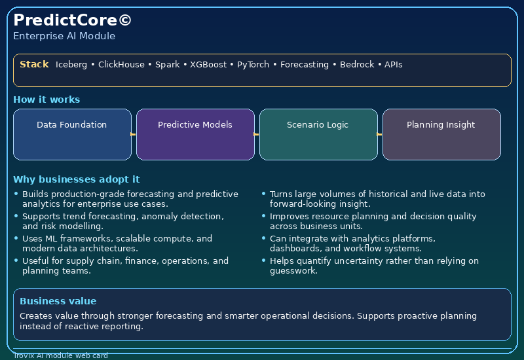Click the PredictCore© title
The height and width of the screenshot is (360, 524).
click(72, 20)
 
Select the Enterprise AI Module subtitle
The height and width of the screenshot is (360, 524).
click(64, 36)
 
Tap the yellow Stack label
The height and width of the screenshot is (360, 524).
click(34, 64)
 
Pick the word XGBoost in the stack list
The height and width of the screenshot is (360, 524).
click(208, 65)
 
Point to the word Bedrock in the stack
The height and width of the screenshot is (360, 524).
click(357, 65)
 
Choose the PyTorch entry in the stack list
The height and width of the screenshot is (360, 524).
click(253, 65)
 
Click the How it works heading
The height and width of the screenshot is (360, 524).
click(47, 99)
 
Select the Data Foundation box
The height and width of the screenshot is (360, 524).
click(72, 134)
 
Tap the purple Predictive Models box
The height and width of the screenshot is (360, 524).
click(195, 134)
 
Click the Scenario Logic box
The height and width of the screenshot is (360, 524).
click(318, 134)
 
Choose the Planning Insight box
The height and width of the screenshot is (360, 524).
click(441, 134)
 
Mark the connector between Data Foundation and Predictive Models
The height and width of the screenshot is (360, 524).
click(134, 134)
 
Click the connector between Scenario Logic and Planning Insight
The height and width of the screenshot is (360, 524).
click(380, 134)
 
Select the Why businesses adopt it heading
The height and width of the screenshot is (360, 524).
click(76, 179)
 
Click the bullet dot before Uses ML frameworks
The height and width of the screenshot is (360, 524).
click(16, 239)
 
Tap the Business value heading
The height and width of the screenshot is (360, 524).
click(58, 301)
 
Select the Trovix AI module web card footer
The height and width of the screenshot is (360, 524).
click(60, 356)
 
